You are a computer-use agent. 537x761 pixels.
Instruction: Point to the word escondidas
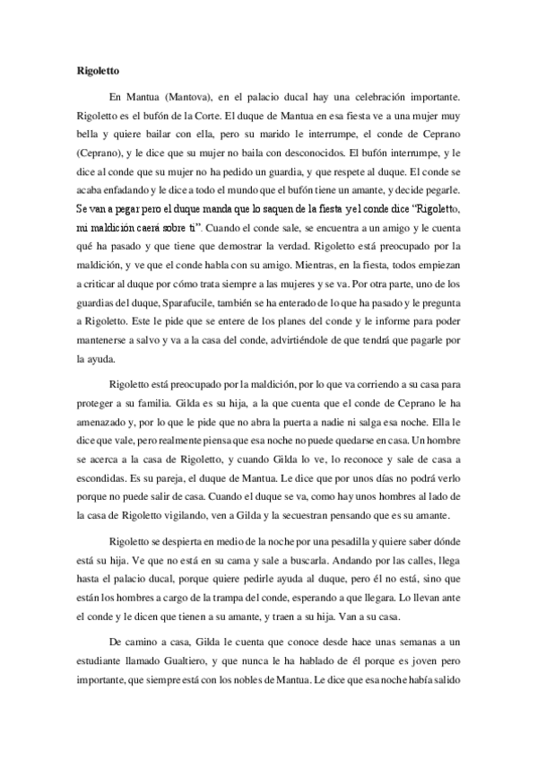pyautogui.click(x=107, y=474)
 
